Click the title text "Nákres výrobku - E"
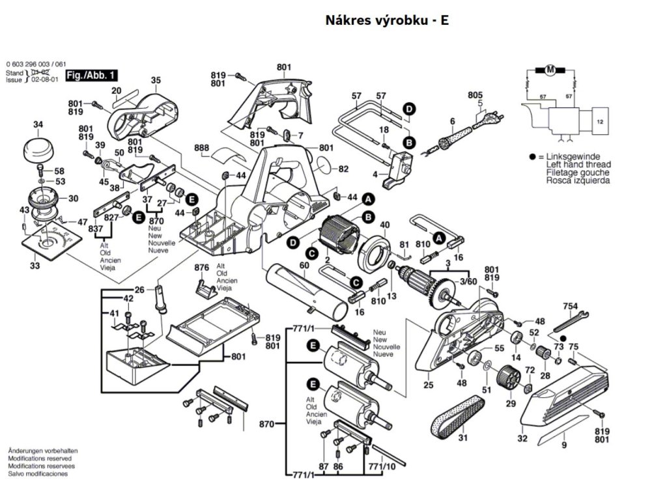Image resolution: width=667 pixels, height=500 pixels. (387, 20)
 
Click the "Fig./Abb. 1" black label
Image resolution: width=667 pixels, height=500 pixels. (87, 77)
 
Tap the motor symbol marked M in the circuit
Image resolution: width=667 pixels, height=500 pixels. (549, 70)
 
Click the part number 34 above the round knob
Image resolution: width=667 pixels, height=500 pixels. (38, 124)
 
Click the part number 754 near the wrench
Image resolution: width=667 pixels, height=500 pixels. (571, 306)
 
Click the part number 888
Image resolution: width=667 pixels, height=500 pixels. (202, 148)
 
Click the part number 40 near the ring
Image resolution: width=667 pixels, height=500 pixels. (385, 225)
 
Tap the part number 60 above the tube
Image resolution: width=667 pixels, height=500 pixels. (304, 265)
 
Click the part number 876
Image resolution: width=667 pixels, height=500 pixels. (201, 268)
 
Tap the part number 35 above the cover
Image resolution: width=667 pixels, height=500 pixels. (156, 80)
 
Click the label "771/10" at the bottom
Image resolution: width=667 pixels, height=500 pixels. (382, 467)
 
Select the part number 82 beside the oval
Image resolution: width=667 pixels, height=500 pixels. (343, 169)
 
